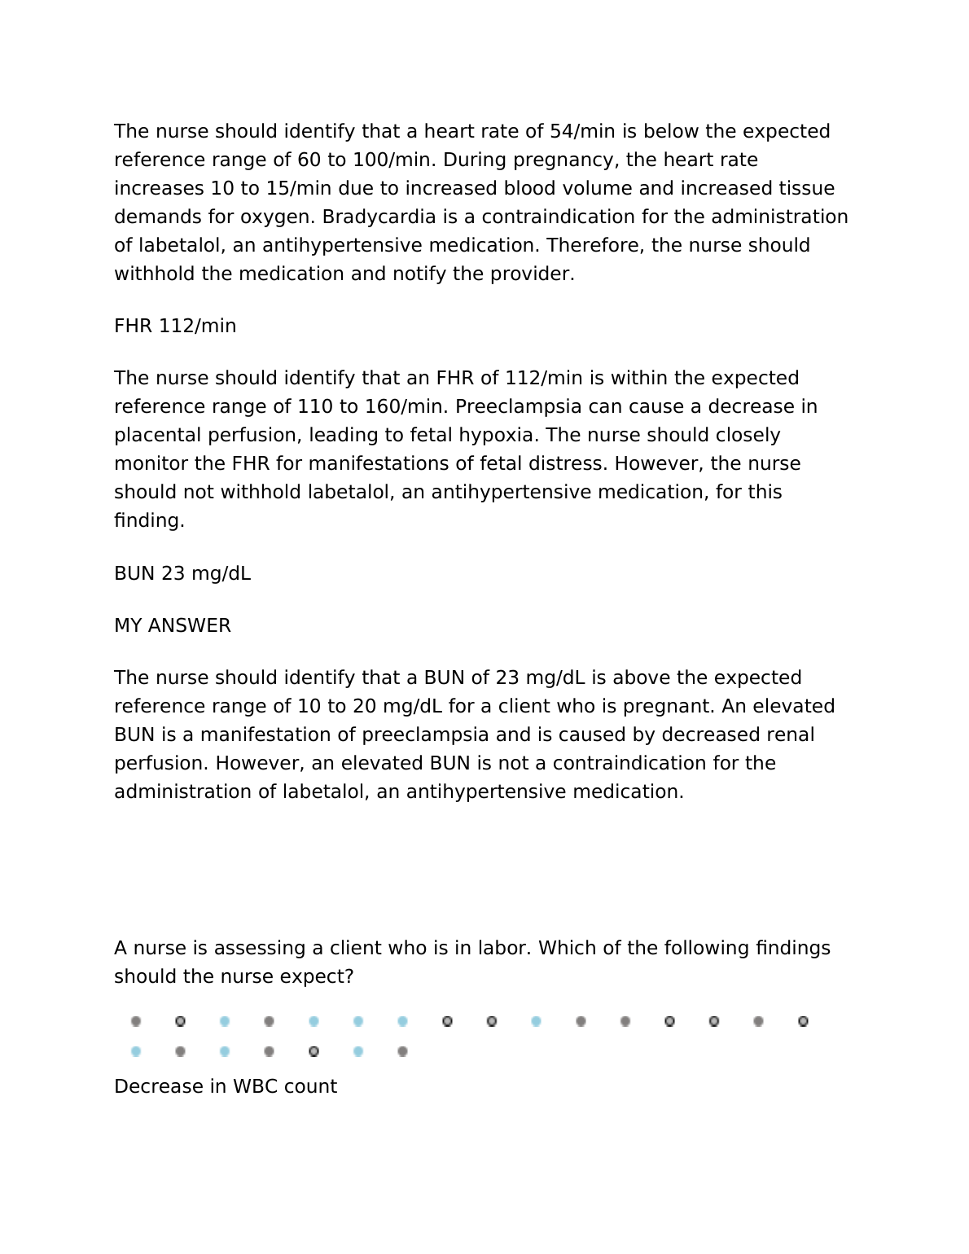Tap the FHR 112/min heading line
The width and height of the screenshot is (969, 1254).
click(x=175, y=327)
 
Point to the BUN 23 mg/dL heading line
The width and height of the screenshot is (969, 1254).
click(x=182, y=574)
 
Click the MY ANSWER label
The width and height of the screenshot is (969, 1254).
click(x=173, y=626)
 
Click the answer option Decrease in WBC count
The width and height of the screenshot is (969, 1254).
click(x=226, y=1087)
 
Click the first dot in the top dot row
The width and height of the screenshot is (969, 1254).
click(x=136, y=1022)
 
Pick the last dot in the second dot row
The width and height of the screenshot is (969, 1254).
click(x=402, y=1052)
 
